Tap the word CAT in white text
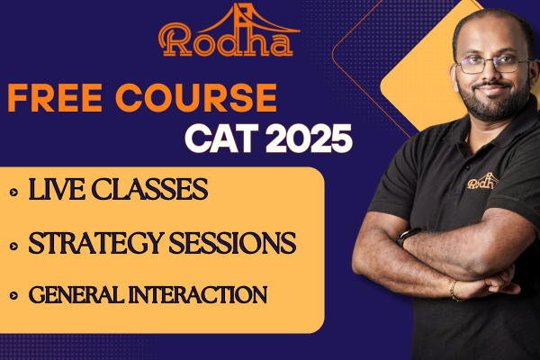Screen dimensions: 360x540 click(x=220, y=139)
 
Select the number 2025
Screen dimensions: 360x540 click(x=306, y=139)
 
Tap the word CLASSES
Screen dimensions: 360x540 click(x=149, y=190)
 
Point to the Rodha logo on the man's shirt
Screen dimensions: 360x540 click(x=481, y=183)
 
